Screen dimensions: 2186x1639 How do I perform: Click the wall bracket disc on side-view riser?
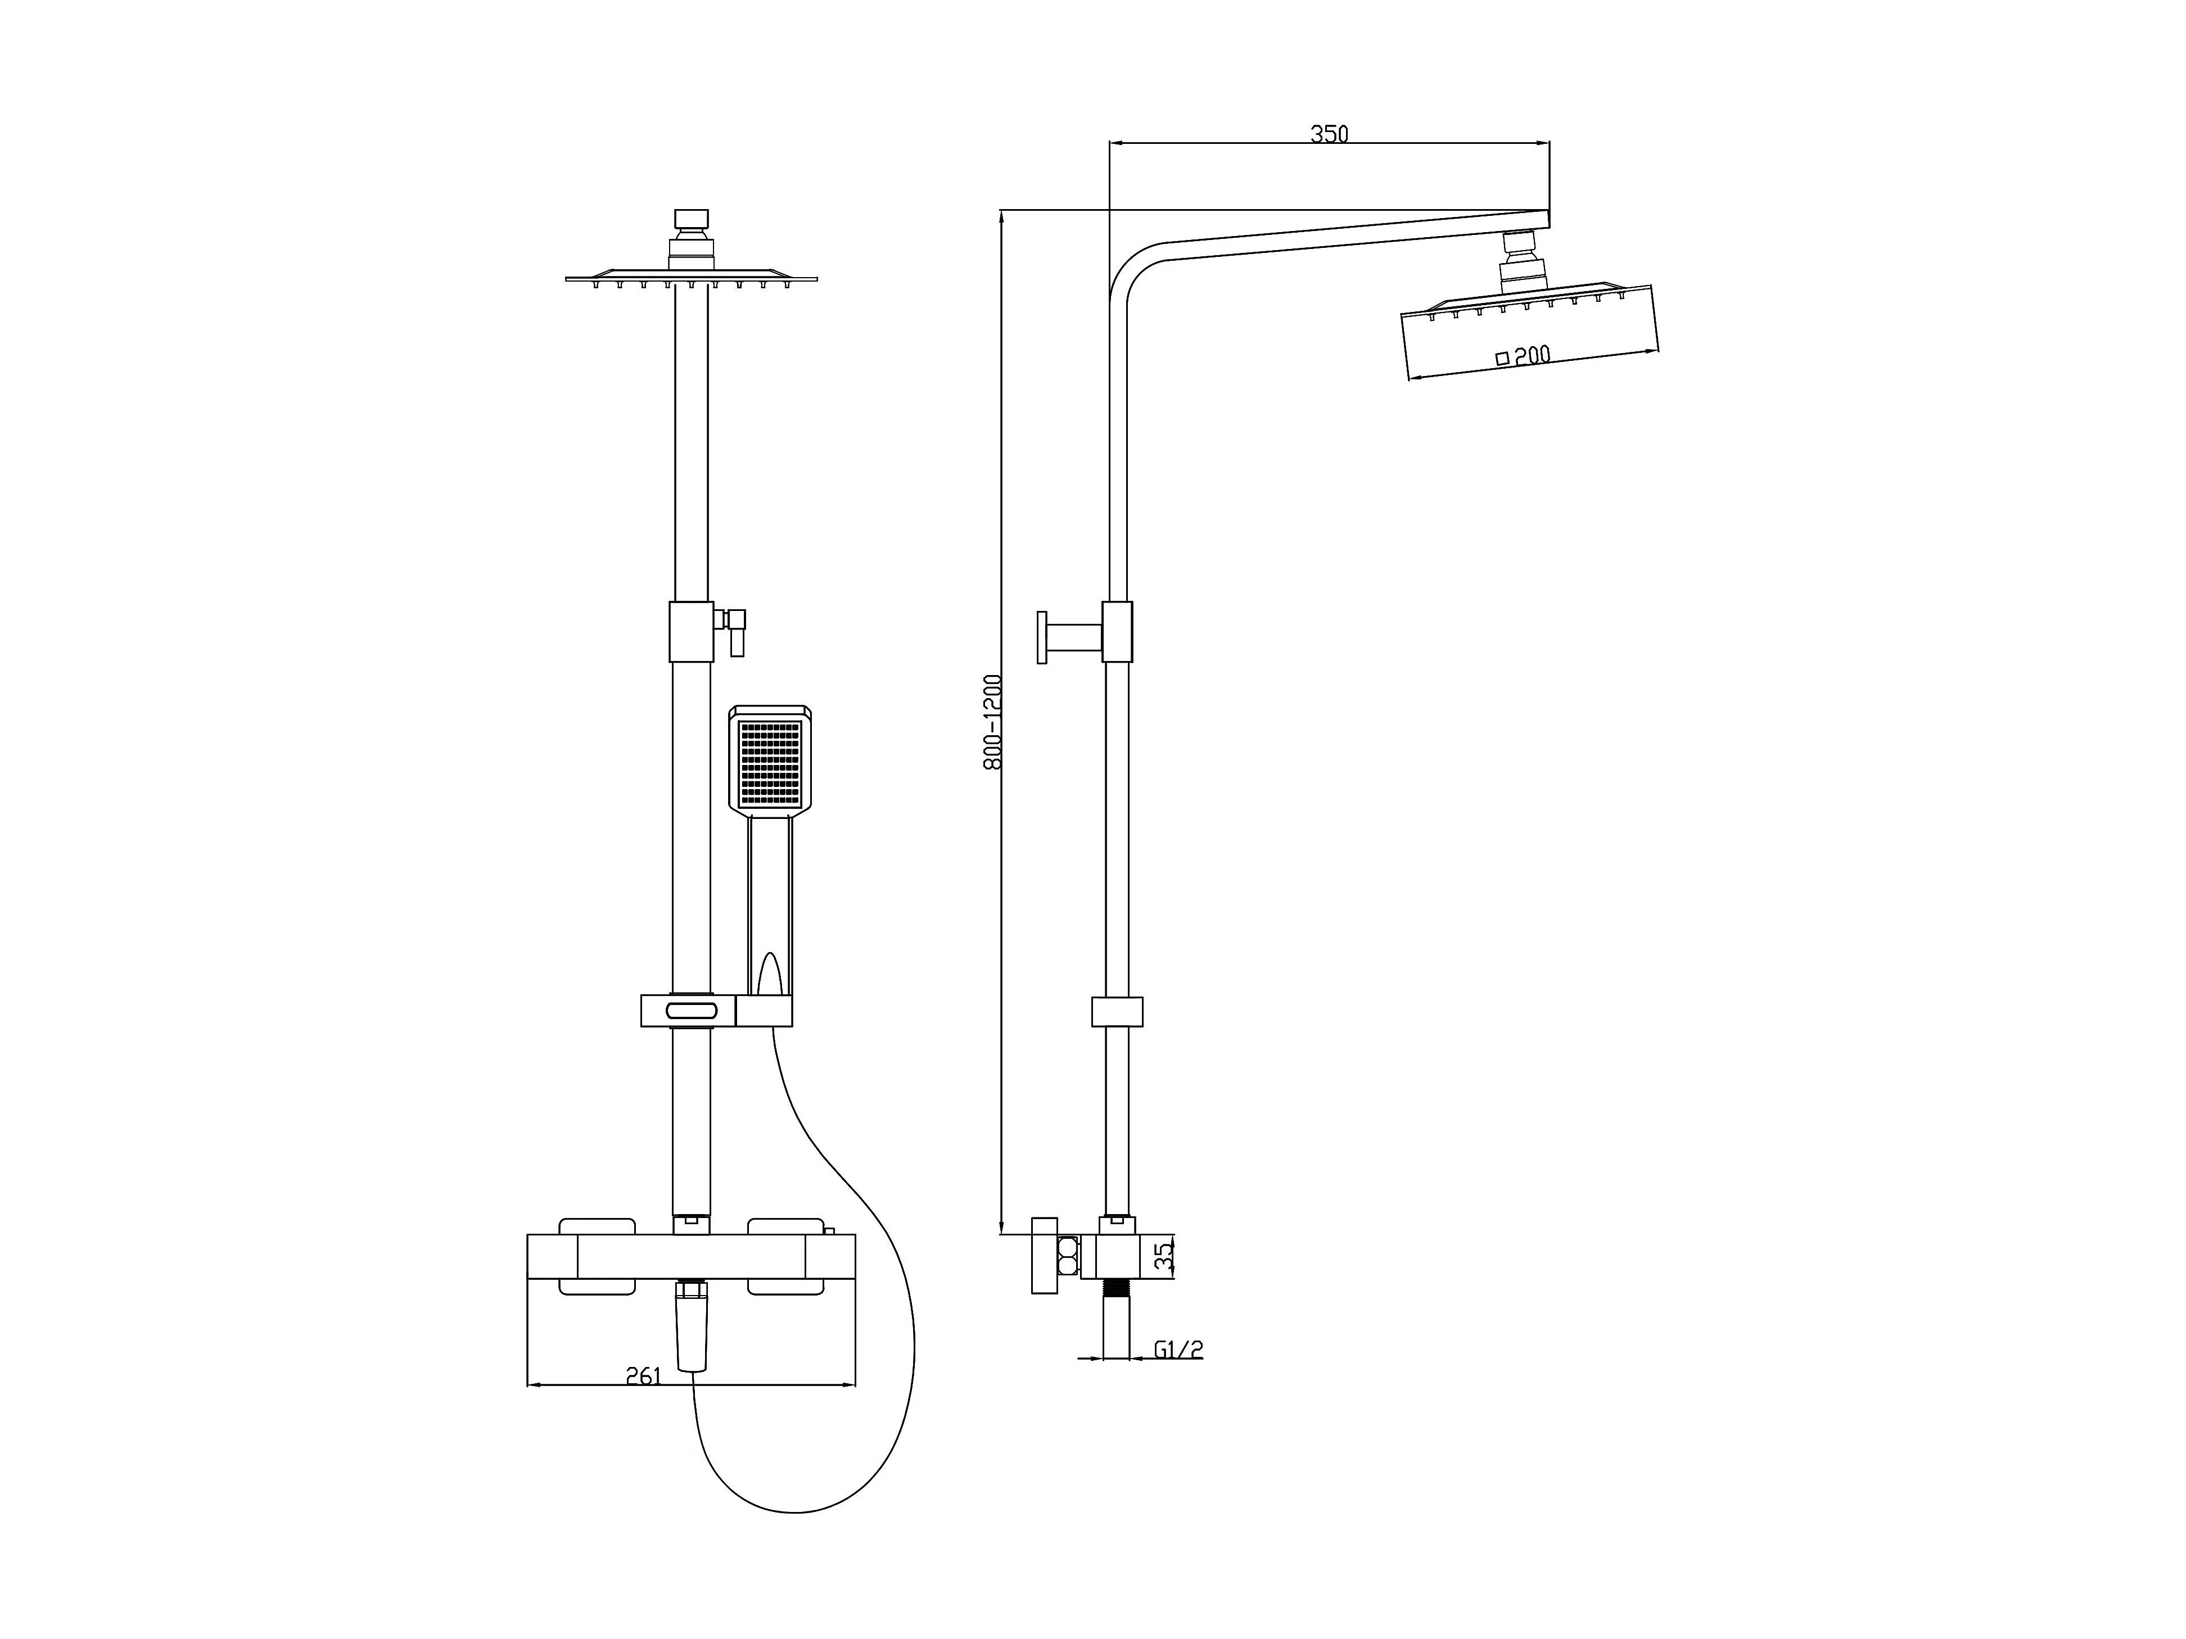pos(1042,637)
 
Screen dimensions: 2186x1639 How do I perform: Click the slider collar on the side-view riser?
pos(1117,1012)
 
